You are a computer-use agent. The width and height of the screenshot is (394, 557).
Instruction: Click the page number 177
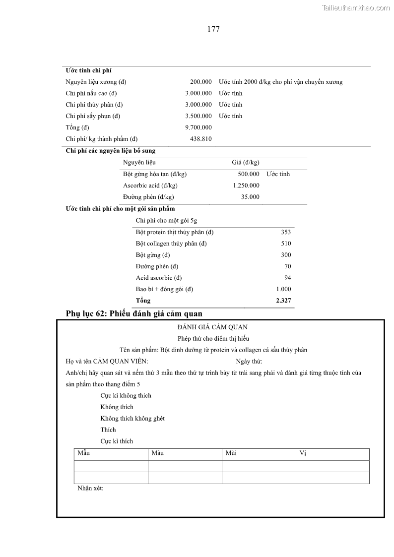213,29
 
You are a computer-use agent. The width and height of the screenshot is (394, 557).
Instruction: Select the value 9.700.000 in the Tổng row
198,127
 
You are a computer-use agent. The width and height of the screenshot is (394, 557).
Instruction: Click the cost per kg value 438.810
201,139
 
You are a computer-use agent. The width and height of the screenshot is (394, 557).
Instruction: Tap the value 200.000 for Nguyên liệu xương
201,82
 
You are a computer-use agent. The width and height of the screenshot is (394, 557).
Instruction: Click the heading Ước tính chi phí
88,70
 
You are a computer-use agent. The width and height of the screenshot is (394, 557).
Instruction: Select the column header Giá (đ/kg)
246,162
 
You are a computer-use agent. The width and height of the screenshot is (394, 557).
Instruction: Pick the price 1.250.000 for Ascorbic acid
246,186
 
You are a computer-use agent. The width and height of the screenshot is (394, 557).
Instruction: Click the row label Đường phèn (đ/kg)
148,197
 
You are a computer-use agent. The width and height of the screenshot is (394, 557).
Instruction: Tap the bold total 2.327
283,301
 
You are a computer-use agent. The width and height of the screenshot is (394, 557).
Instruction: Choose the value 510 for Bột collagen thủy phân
286,244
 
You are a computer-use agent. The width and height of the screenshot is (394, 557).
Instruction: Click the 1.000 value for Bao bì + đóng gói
283,289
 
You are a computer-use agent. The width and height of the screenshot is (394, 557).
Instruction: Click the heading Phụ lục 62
134,313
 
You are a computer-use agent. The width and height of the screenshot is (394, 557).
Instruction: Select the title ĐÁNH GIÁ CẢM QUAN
212,327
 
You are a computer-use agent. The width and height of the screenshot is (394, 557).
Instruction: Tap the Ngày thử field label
249,361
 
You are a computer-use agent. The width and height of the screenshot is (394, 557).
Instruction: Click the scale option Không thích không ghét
132,418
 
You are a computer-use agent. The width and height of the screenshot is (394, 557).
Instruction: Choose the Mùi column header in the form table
231,453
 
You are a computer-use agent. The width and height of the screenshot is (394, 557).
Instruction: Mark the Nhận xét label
90,489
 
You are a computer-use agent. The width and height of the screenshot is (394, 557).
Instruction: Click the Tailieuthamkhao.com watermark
356,7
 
